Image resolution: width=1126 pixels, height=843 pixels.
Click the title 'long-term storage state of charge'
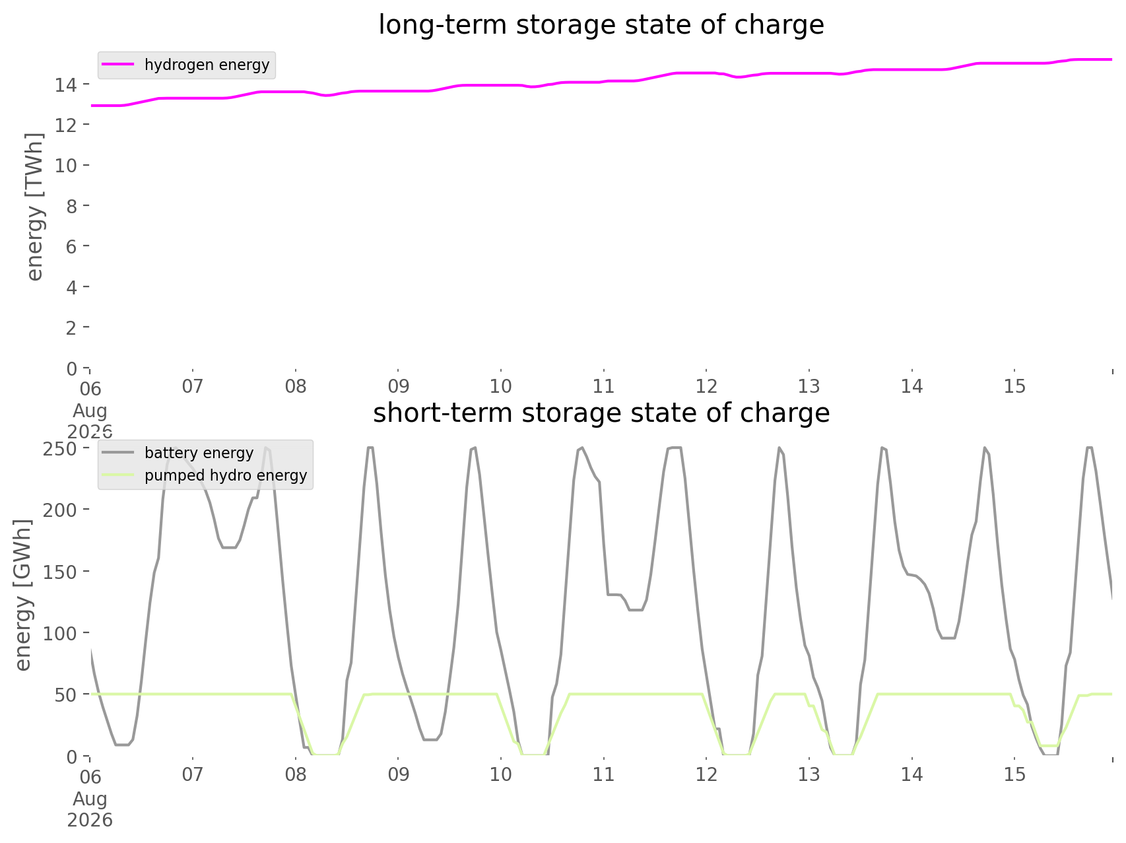601,25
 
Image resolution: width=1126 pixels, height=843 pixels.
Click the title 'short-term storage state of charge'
601,413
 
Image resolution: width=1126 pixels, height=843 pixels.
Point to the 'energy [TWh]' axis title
35,207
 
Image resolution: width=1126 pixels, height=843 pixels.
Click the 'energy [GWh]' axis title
23,595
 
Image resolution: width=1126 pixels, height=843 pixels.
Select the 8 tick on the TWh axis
72,206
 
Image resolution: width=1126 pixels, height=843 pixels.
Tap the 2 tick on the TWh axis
72,327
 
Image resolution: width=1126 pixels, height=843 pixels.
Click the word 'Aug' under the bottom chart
90,799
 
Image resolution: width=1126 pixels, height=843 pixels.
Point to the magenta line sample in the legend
119,65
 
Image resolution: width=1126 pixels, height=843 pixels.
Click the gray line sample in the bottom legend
119,453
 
